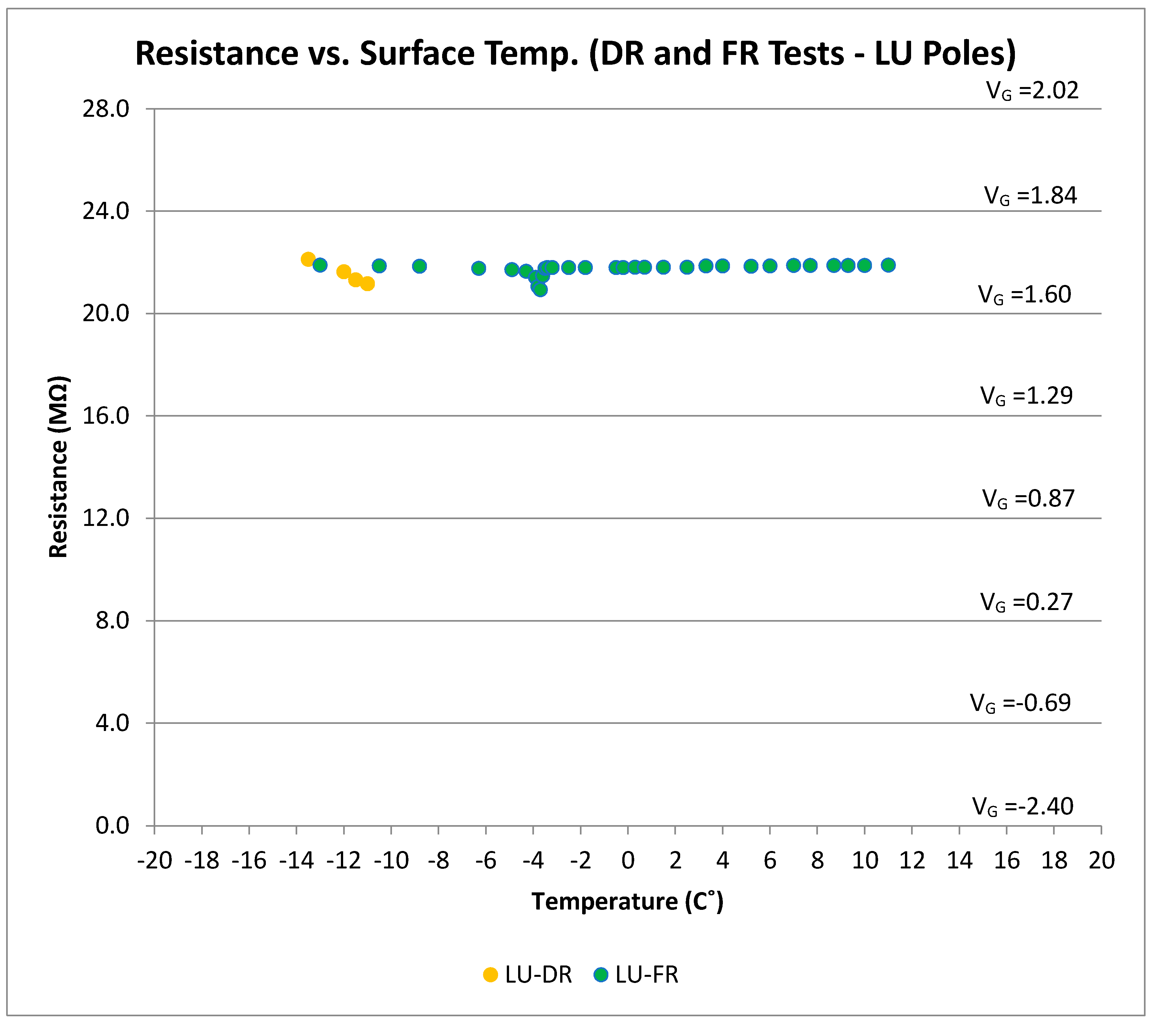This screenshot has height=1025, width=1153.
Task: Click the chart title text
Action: (575, 54)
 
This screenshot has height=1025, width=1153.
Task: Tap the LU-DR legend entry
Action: (528, 974)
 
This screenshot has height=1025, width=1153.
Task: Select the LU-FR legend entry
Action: (636, 974)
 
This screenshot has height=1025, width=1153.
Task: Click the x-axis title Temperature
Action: (627, 901)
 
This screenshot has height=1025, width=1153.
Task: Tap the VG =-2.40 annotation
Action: (1022, 807)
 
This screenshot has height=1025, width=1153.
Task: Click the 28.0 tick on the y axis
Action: (106, 109)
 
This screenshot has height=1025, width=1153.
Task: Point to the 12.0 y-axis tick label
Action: (106, 518)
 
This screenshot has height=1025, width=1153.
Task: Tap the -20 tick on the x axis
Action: (155, 861)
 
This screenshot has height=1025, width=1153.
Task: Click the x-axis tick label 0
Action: (628, 861)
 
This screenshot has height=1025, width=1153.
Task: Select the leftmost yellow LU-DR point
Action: (308, 259)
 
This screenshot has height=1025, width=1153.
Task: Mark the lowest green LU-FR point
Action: (540, 289)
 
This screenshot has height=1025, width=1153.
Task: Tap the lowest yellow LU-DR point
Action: (367, 284)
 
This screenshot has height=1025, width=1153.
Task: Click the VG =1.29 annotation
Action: (1026, 396)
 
